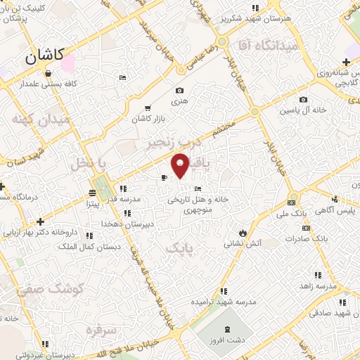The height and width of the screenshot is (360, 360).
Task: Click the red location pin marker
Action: [x=181, y=165]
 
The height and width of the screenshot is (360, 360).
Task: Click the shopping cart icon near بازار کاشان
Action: [x=147, y=108]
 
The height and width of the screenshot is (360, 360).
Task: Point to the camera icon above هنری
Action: [x=179, y=90]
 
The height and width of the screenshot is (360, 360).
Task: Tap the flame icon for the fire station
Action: [x=243, y=232]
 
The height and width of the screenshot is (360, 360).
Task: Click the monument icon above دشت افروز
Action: [x=227, y=330]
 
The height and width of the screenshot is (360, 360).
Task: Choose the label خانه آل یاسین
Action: [x=302, y=111]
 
